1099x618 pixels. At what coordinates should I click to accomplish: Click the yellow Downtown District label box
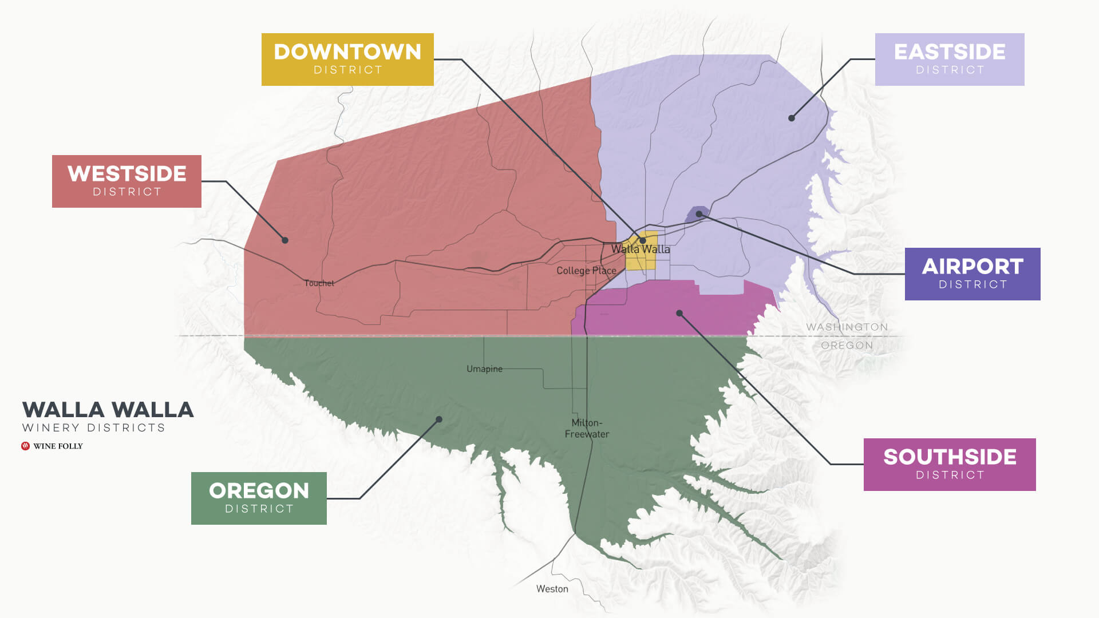(347, 60)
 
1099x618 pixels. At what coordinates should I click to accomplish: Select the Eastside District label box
(950, 60)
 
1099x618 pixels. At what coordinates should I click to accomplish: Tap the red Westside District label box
(126, 181)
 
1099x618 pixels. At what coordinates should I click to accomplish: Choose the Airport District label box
(973, 274)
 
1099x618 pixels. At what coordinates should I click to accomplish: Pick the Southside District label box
(950, 465)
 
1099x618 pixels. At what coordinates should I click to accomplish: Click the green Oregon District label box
(259, 498)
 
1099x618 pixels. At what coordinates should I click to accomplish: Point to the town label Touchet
(319, 283)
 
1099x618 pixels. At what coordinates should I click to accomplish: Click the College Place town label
(586, 271)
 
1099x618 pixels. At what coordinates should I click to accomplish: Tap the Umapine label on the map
(484, 369)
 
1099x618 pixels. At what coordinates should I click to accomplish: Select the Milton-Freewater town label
(587, 429)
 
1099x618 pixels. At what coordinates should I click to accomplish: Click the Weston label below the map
(552, 589)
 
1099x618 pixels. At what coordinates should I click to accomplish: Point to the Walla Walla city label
(640, 249)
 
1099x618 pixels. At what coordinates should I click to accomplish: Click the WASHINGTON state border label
(847, 327)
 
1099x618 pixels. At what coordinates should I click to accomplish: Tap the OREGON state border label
(847, 346)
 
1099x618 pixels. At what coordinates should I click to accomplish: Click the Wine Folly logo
(52, 446)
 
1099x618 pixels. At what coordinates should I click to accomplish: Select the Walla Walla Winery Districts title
(108, 416)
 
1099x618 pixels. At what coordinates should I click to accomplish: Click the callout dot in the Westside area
(285, 240)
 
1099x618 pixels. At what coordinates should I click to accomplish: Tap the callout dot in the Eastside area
(792, 118)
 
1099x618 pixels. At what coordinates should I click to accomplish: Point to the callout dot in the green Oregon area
(439, 419)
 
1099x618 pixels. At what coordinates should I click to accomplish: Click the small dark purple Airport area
(698, 213)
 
